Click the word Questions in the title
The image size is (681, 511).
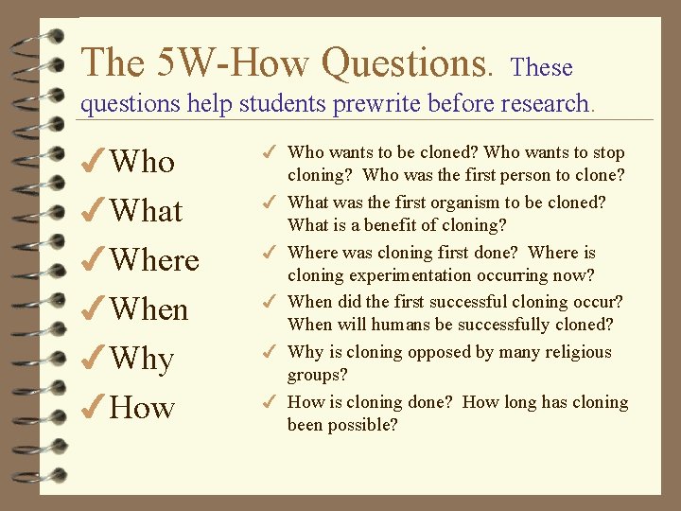pyautogui.click(x=407, y=63)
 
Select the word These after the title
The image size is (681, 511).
pyautogui.click(x=541, y=67)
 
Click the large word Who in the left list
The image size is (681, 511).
pyautogui.click(x=142, y=162)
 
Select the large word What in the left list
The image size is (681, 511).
pyautogui.click(x=146, y=211)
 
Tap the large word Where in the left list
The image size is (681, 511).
pyautogui.click(x=154, y=260)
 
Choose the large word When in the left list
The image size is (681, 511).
pyautogui.click(x=149, y=309)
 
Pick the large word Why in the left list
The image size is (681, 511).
pyautogui.click(x=142, y=359)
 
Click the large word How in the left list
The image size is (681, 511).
pyautogui.click(x=142, y=408)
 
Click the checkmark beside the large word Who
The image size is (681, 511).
pyautogui.click(x=95, y=162)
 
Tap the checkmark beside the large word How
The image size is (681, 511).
pyautogui.click(x=95, y=408)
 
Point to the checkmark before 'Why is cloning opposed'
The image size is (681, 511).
pyautogui.click(x=270, y=352)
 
